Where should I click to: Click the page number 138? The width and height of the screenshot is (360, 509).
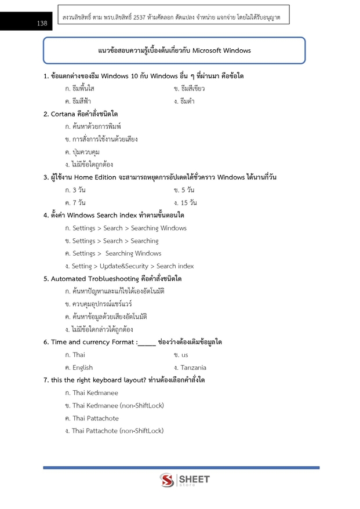tap(42, 23)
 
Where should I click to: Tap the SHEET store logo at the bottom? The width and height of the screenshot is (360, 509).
tap(184, 481)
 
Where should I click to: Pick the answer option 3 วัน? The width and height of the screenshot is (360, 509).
tap(75, 190)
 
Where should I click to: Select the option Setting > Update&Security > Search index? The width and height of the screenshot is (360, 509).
tap(129, 266)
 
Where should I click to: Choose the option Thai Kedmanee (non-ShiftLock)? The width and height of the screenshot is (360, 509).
tap(114, 405)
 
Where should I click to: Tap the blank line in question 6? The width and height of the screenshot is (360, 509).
tap(147, 343)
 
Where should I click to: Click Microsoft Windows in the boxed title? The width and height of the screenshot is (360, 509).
tap(223, 50)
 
